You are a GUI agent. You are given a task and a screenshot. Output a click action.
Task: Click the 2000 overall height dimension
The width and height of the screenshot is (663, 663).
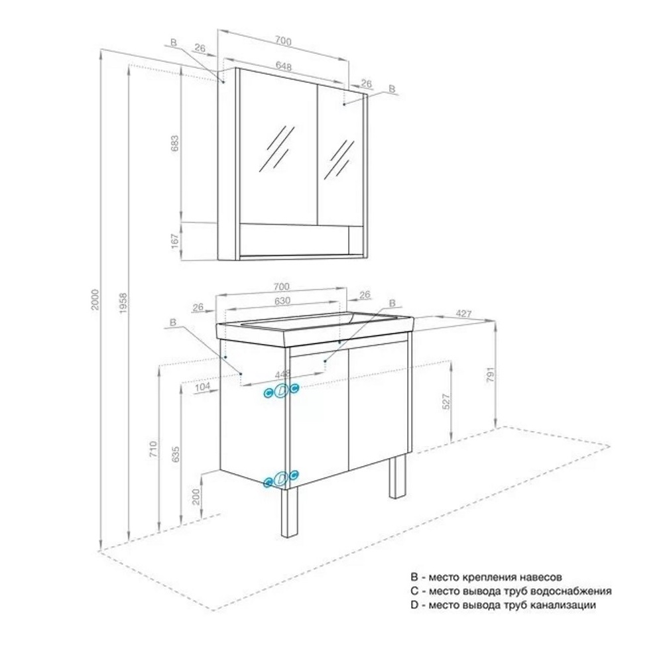click(95, 300)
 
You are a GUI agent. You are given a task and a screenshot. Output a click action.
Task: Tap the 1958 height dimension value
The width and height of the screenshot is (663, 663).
click(123, 303)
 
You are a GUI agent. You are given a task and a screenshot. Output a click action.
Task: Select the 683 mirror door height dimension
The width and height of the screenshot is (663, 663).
click(174, 143)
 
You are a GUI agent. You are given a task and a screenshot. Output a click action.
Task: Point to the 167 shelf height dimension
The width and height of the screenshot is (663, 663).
click(175, 241)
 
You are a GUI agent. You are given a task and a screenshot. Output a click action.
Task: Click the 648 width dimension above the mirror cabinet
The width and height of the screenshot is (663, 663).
click(283, 66)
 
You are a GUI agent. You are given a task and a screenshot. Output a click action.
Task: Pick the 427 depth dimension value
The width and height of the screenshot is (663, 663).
click(463, 314)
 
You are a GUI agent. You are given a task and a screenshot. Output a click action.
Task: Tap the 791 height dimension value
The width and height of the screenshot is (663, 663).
click(491, 375)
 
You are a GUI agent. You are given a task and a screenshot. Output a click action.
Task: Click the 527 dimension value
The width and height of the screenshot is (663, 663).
click(446, 402)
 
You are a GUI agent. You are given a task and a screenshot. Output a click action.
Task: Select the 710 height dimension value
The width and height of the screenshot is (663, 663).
click(153, 449)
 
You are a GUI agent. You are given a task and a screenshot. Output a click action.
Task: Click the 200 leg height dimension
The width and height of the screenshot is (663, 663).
click(196, 497)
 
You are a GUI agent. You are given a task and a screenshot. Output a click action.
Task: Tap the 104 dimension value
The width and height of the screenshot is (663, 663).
click(202, 387)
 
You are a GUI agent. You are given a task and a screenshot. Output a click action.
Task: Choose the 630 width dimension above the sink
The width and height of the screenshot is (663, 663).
click(282, 300)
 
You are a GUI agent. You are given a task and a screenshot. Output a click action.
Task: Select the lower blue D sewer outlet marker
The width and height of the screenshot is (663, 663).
click(281, 479)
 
